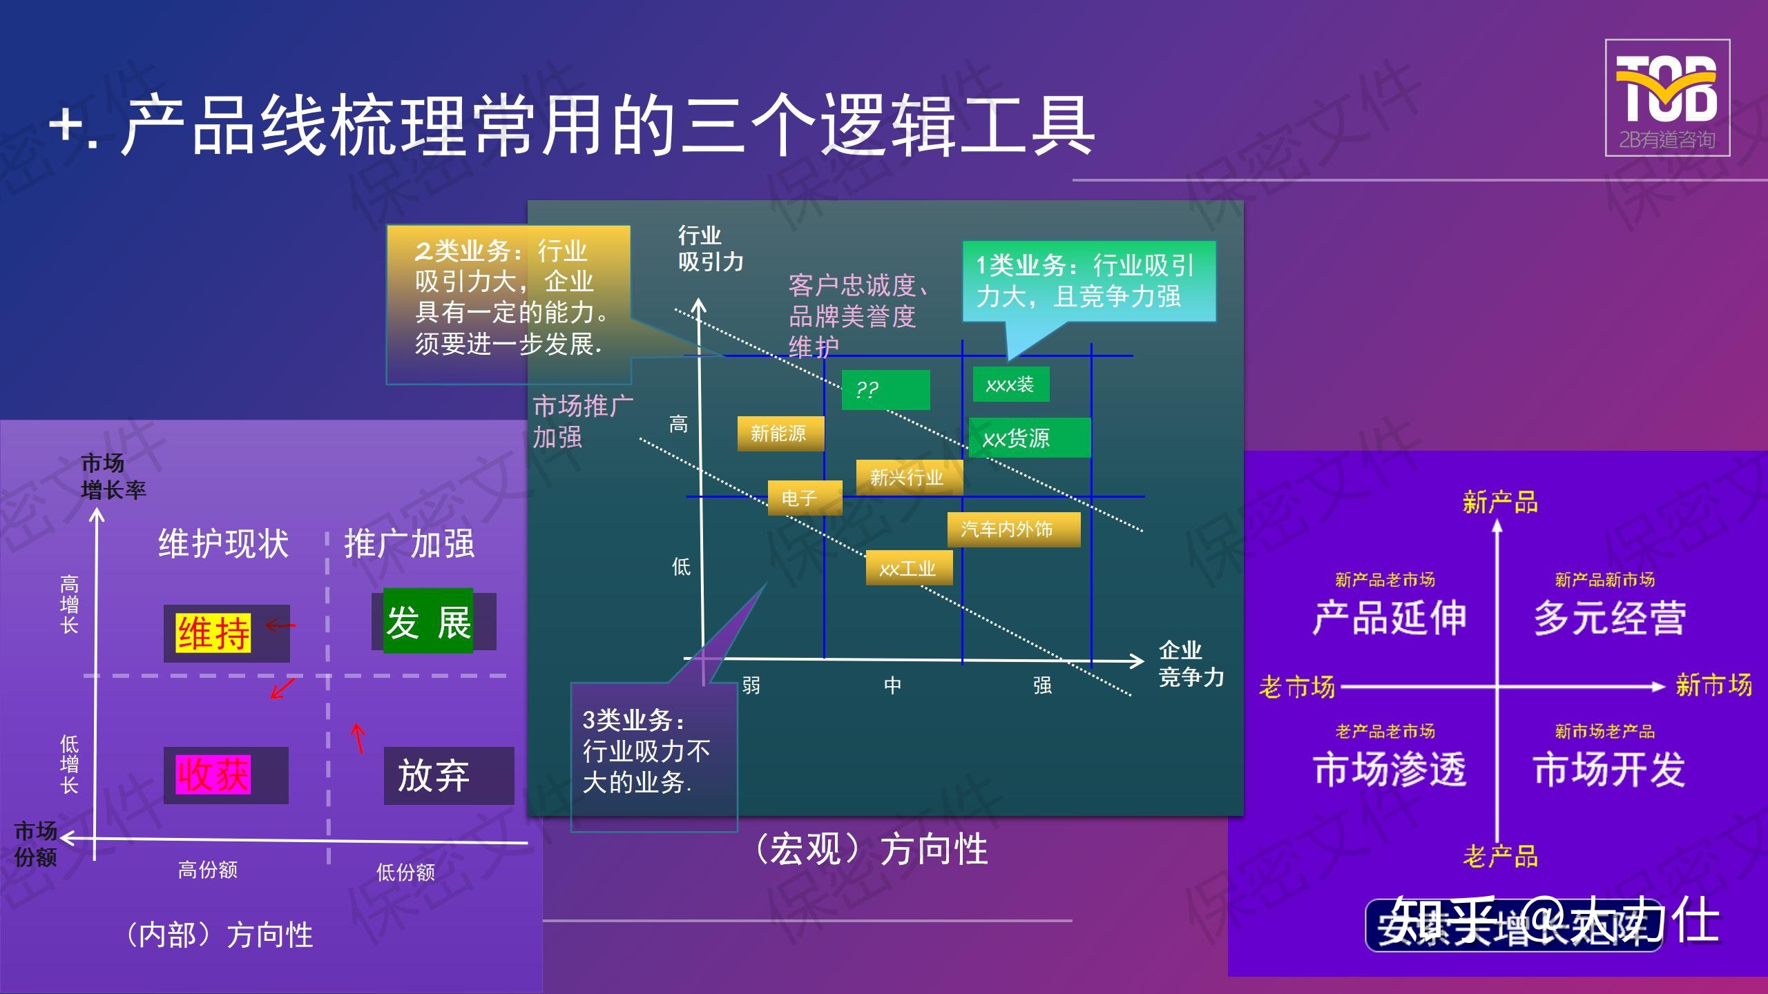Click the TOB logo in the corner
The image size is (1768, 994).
pyautogui.click(x=1666, y=97)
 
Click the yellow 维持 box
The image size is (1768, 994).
pyautogui.click(x=213, y=633)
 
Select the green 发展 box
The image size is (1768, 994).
pyautogui.click(x=428, y=621)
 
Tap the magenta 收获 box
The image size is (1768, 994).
pyautogui.click(x=213, y=774)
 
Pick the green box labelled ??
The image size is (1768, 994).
pyautogui.click(x=885, y=390)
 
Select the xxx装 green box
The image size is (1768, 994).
pyautogui.click(x=1010, y=384)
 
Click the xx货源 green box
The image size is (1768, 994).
pyautogui.click(x=1029, y=438)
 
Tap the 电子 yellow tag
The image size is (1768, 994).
pyautogui.click(x=805, y=498)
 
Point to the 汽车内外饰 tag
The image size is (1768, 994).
pyautogui.click(x=1013, y=529)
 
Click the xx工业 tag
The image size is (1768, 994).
pyautogui.click(x=909, y=568)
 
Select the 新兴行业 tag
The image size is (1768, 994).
pyautogui.click(x=908, y=477)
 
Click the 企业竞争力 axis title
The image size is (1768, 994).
pyautogui.click(x=1190, y=663)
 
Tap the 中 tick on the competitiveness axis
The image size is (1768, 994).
pyautogui.click(x=892, y=685)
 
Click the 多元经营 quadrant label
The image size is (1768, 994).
pyautogui.click(x=1609, y=618)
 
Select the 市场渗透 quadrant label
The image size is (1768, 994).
pyautogui.click(x=1389, y=769)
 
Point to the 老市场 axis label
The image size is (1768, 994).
pyautogui.click(x=1296, y=687)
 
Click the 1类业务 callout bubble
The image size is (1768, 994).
pyautogui.click(x=1088, y=281)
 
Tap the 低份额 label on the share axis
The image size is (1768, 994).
pyautogui.click(x=405, y=873)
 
